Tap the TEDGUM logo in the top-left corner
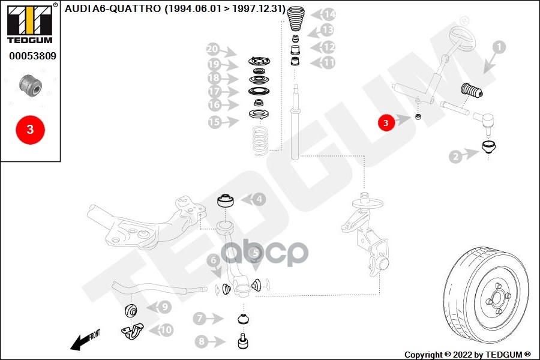(29, 23)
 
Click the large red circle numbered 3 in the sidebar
(30, 128)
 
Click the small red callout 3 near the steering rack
(386, 122)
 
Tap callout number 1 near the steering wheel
(500, 46)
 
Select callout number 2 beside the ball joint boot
(457, 157)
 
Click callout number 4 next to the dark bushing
(257, 199)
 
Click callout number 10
(165, 329)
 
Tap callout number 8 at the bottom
(201, 342)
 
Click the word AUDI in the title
(78, 10)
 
